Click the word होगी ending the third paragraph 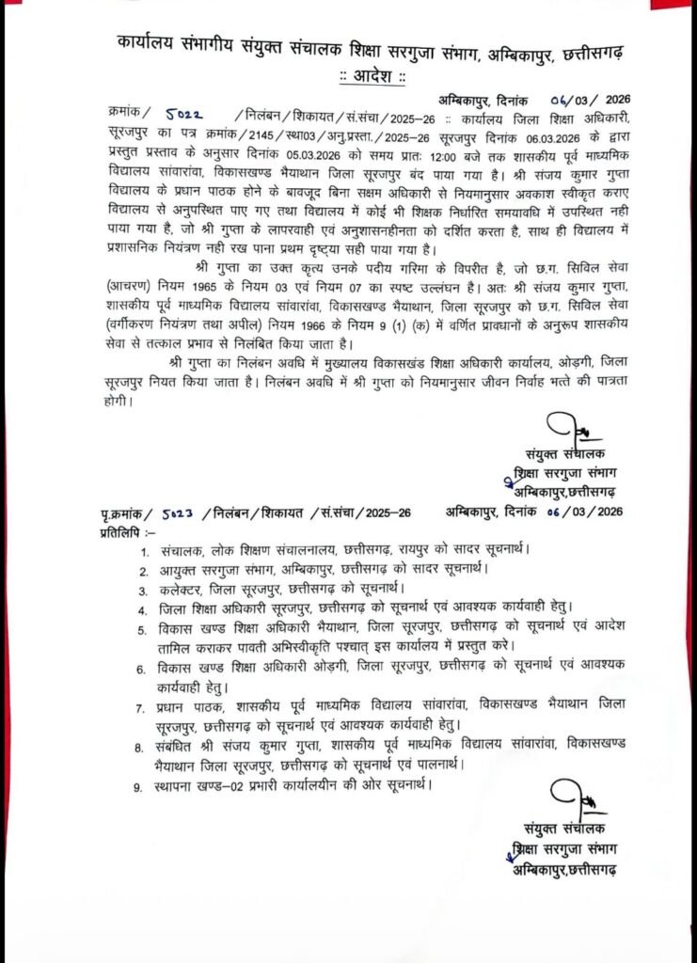pyautogui.click(x=118, y=402)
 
